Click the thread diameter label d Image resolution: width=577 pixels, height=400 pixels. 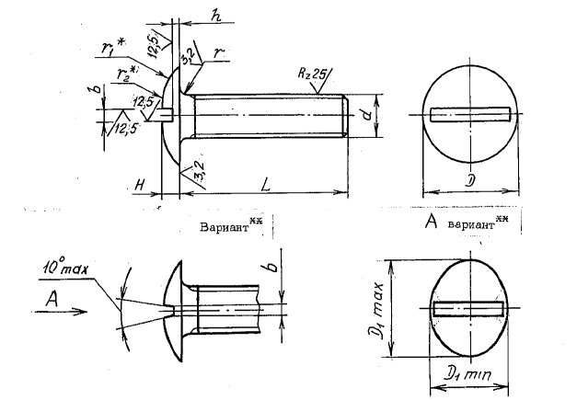[365, 114]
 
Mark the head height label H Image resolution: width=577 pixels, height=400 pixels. [138, 184]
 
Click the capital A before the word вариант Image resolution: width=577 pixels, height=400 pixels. [429, 223]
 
